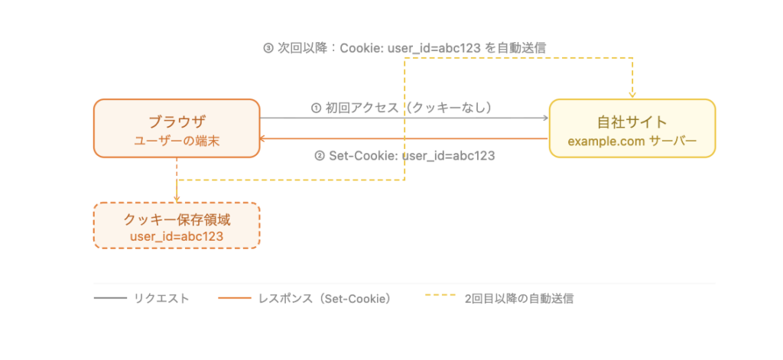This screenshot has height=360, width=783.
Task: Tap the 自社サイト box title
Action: [632, 122]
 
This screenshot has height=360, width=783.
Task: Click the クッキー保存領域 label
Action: [177, 220]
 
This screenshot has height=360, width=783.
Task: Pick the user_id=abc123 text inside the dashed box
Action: [177, 237]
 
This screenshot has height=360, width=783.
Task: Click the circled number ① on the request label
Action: [316, 109]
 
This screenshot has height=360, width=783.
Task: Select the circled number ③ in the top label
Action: [268, 47]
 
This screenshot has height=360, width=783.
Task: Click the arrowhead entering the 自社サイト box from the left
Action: [546, 118]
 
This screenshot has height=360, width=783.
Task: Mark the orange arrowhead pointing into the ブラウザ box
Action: [264, 139]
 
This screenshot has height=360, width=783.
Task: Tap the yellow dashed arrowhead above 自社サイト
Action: [633, 95]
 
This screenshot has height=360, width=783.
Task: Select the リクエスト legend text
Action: [161, 299]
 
